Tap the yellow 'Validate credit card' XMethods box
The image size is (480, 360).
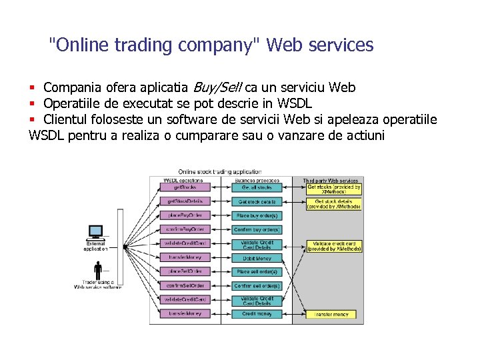click(333, 246)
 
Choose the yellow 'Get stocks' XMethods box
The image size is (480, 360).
click(333, 189)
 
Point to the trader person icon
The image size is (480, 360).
click(99, 269)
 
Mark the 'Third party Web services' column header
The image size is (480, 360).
click(331, 180)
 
